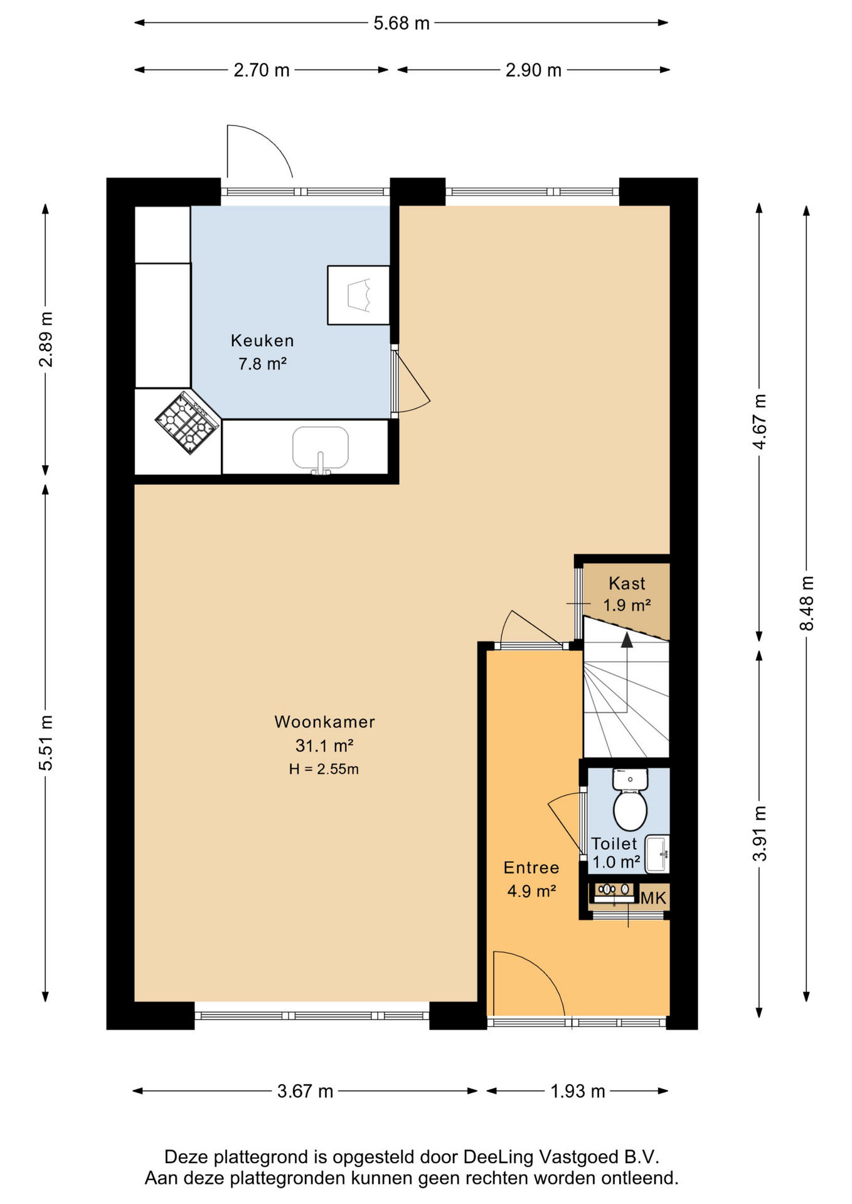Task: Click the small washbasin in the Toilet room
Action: [x=658, y=853]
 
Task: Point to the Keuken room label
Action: [x=262, y=341]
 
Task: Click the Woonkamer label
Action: [x=324, y=722]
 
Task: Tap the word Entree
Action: [x=531, y=868]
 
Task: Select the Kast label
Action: [x=627, y=584]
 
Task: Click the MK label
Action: [x=653, y=898]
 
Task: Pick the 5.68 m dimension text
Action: [x=402, y=23]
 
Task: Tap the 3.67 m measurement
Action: [x=305, y=1091]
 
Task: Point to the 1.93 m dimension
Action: [x=577, y=1091]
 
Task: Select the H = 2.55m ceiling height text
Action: [x=324, y=769]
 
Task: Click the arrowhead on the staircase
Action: [x=627, y=639]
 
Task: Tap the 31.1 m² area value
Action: [x=324, y=746]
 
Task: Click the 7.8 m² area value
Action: [x=262, y=364]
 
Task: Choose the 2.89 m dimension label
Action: [x=46, y=339]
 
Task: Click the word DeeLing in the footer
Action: [x=499, y=1157]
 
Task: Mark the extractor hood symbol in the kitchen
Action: [x=358, y=295]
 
